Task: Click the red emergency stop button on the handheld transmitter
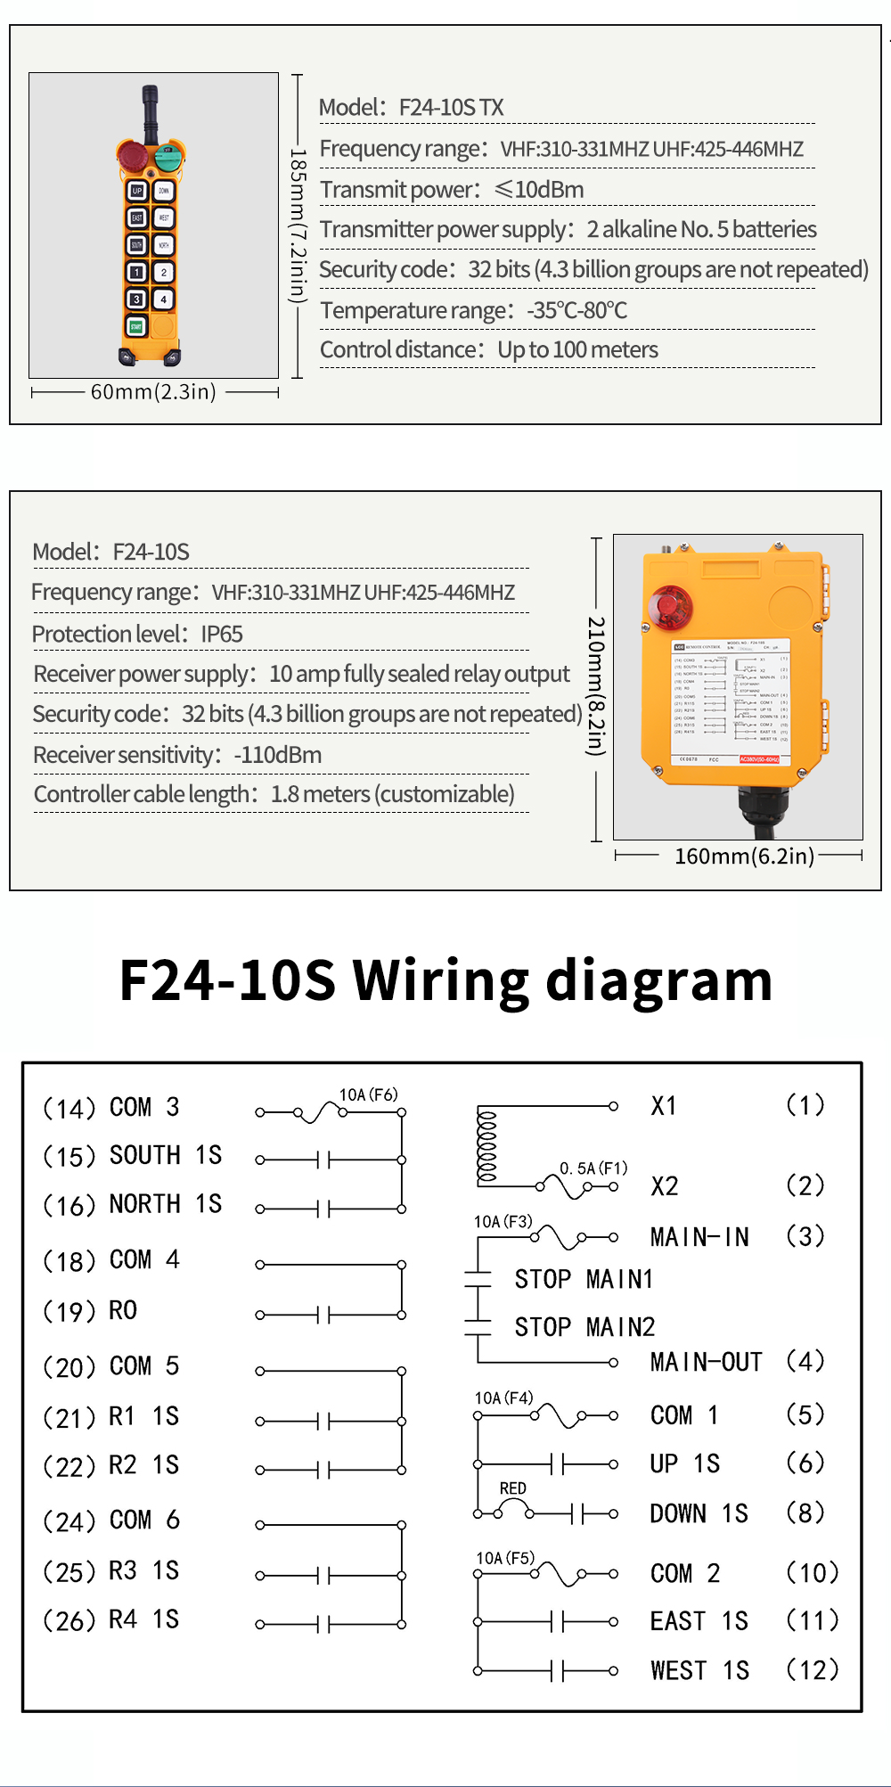134,156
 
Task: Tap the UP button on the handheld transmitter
136,191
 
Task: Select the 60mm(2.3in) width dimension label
153,392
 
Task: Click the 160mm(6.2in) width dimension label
744,857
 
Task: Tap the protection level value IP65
222,635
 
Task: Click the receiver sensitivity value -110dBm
277,755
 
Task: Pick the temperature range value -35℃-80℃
576,310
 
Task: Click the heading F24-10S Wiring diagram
445,980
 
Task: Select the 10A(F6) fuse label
368,1094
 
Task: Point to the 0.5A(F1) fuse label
593,1168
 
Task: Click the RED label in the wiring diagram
512,1488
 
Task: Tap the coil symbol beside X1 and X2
486,1145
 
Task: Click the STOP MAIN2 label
584,1327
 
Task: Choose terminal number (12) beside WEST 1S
812,1669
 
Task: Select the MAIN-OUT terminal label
706,1362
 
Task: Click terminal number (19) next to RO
69,1312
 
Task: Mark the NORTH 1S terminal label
165,1204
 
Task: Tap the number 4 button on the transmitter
164,299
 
